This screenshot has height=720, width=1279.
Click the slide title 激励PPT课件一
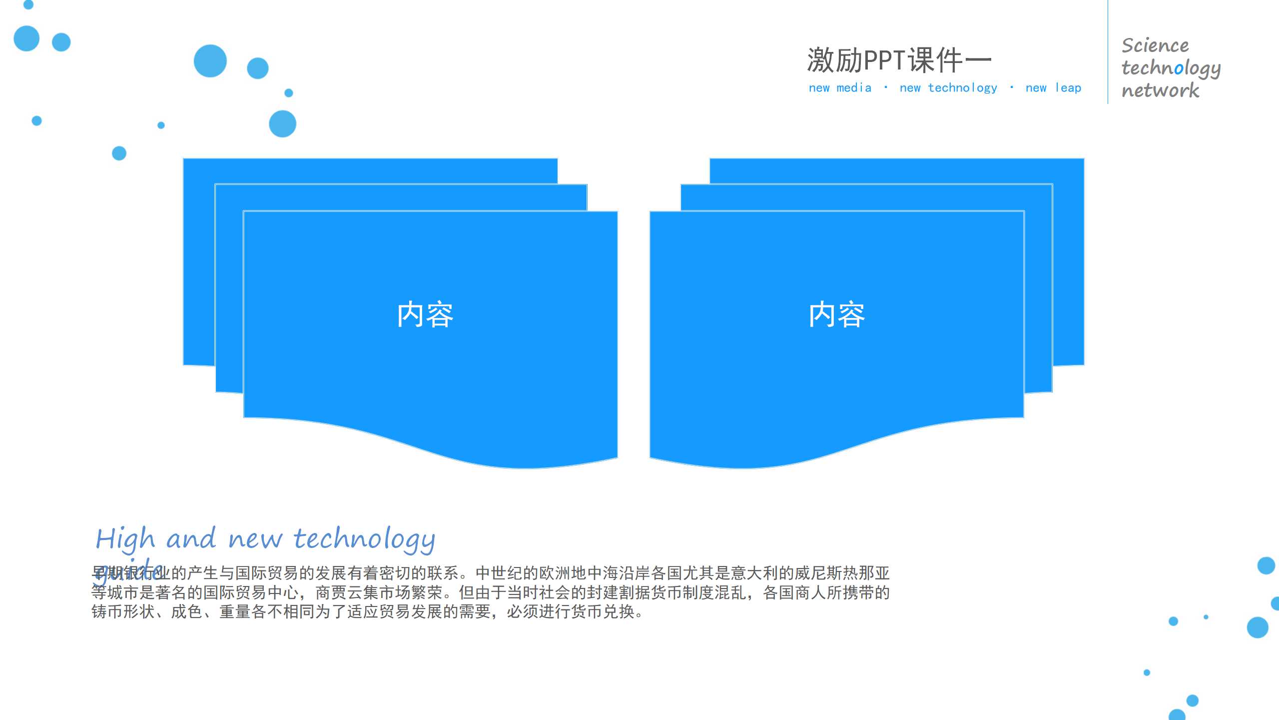coord(899,60)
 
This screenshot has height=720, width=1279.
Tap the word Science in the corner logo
coord(1155,45)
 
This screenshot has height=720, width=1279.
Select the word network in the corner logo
coord(1160,90)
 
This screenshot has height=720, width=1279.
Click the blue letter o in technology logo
coord(1179,68)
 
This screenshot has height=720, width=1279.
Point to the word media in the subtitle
coord(854,88)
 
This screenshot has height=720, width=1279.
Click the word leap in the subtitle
coord(1068,88)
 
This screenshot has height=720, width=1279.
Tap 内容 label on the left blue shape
coord(425,314)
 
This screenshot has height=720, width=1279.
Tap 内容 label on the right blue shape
coord(837,314)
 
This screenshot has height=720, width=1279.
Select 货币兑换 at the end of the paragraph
coord(603,611)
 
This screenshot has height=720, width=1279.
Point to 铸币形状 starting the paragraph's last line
coord(123,611)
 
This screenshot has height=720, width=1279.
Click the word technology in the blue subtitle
coord(962,88)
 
